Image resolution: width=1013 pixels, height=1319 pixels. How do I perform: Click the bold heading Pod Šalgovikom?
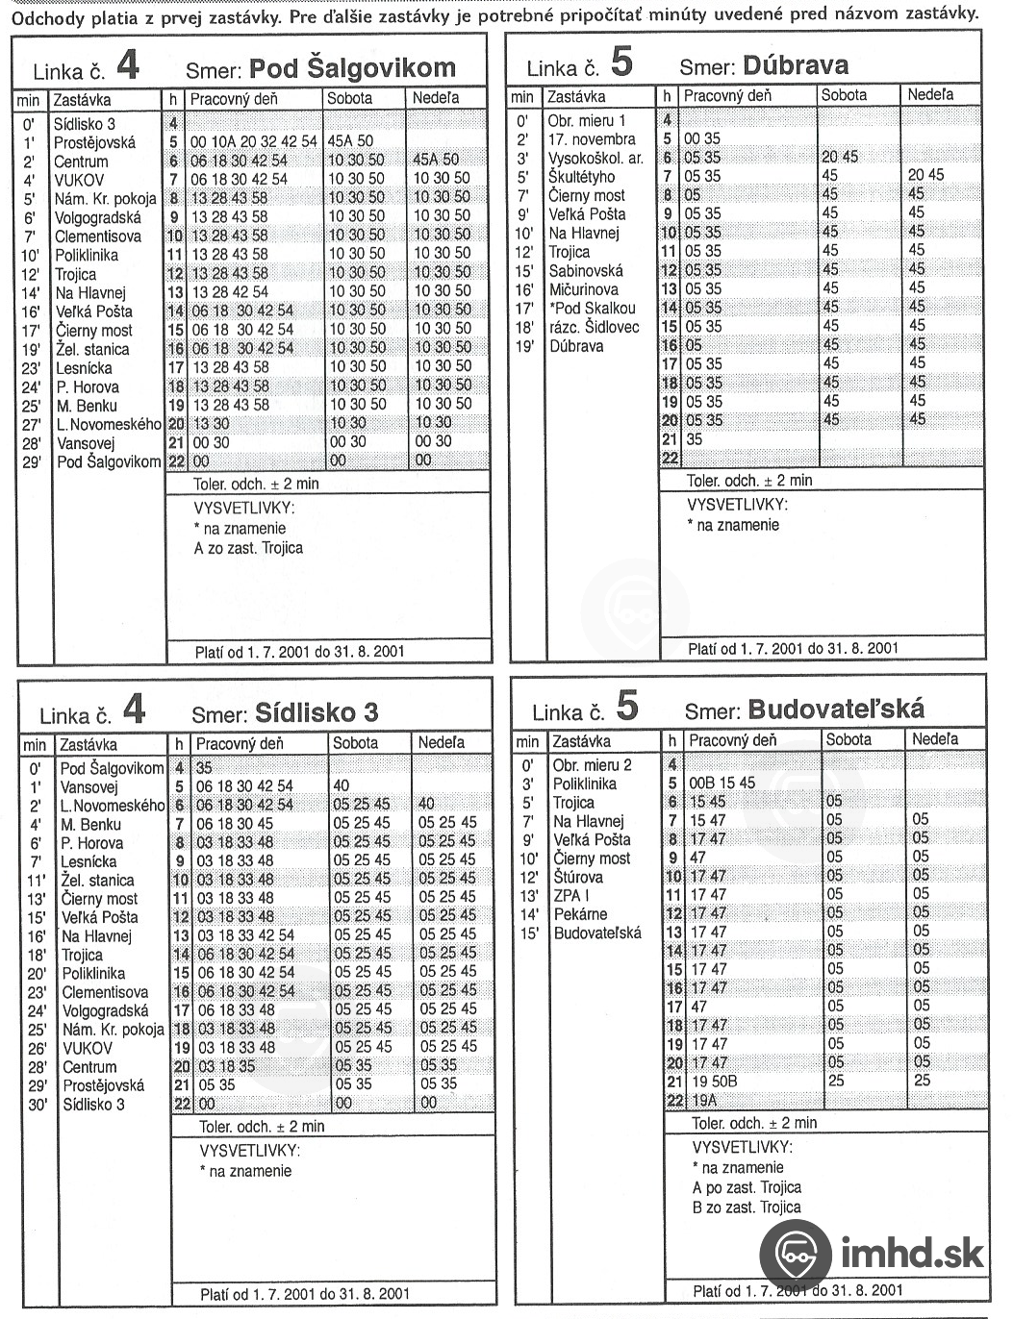pyautogui.click(x=352, y=68)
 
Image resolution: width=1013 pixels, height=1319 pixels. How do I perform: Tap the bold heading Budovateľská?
pyautogui.click(x=836, y=709)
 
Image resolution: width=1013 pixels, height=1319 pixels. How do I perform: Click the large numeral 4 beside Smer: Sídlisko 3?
pyautogui.click(x=134, y=709)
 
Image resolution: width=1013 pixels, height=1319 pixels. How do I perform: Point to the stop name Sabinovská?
pyautogui.click(x=585, y=271)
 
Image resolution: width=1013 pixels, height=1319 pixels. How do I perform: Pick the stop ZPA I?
pyautogui.click(x=571, y=896)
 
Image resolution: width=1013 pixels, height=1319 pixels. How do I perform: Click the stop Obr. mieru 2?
pyautogui.click(x=592, y=765)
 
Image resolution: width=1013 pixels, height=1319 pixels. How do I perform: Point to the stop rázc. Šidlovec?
pyautogui.click(x=594, y=327)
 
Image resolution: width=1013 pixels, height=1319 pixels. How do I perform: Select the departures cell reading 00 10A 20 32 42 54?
pyautogui.click(x=253, y=141)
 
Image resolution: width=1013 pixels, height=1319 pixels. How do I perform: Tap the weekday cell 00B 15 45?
pyautogui.click(x=722, y=783)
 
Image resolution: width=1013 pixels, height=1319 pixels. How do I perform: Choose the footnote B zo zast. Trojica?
pyautogui.click(x=747, y=1207)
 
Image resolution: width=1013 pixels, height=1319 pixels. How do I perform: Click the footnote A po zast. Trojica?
pyautogui.click(x=747, y=1187)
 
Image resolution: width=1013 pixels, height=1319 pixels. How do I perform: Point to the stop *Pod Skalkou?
pyautogui.click(x=592, y=309)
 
